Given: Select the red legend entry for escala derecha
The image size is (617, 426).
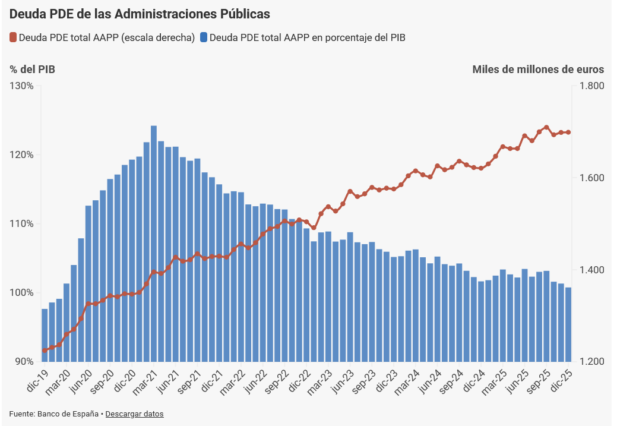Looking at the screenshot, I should pyautogui.click(x=102, y=37).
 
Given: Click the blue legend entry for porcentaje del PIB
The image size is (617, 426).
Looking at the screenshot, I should pyautogui.click(x=303, y=37).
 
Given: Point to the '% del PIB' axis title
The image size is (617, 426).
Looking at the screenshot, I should pyautogui.click(x=33, y=70).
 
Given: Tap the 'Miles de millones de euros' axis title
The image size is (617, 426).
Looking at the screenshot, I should pyautogui.click(x=538, y=70).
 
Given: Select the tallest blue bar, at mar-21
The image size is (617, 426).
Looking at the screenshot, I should pyautogui.click(x=154, y=244).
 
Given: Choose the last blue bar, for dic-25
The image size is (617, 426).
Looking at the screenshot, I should pyautogui.click(x=568, y=324).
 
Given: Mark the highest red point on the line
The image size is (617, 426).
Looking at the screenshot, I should pyautogui.click(x=546, y=128).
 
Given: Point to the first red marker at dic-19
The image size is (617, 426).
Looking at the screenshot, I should pyautogui.click(x=45, y=350).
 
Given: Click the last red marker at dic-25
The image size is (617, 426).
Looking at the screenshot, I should pyautogui.click(x=568, y=132).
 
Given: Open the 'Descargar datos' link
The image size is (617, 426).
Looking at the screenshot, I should pyautogui.click(x=134, y=414).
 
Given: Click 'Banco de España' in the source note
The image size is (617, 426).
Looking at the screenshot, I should pyautogui.click(x=68, y=414).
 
